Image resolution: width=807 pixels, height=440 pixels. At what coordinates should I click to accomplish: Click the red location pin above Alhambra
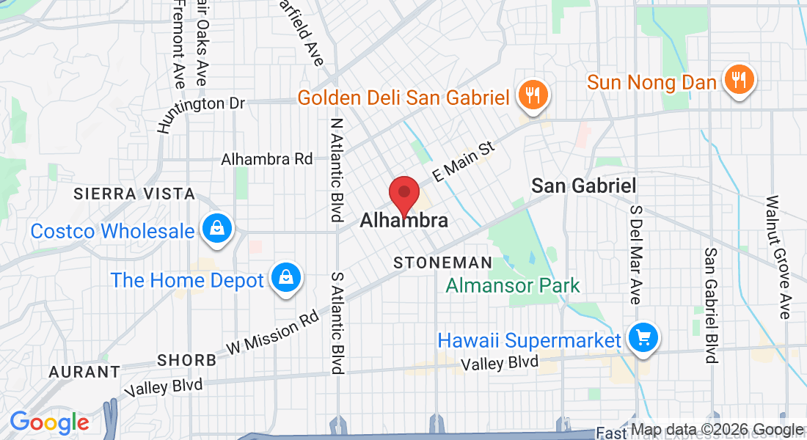tap(403, 194)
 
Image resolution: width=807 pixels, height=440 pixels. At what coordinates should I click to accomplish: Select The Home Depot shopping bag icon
tap(284, 279)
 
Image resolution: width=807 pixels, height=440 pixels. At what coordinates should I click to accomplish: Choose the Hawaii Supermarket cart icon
tap(643, 338)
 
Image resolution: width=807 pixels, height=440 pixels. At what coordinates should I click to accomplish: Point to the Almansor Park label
tap(513, 285)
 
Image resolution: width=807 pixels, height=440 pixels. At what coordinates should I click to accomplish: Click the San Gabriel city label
tap(583, 186)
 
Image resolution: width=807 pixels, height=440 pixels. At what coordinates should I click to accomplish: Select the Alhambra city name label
tap(403, 220)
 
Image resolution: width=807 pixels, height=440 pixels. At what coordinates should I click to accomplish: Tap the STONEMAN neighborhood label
tap(442, 263)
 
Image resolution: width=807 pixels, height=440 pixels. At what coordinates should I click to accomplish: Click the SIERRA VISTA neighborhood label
tap(134, 194)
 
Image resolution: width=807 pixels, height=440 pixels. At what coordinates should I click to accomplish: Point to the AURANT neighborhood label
tap(84, 372)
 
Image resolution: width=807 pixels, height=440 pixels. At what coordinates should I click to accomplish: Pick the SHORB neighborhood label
tap(186, 360)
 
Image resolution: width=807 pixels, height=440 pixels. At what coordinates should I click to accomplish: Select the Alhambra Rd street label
tap(267, 159)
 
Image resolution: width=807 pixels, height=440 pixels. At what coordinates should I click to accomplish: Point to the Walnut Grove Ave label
tap(778, 257)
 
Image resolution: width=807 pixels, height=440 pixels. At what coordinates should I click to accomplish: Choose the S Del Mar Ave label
tap(635, 255)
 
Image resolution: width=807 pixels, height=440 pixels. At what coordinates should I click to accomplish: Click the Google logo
tap(49, 422)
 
